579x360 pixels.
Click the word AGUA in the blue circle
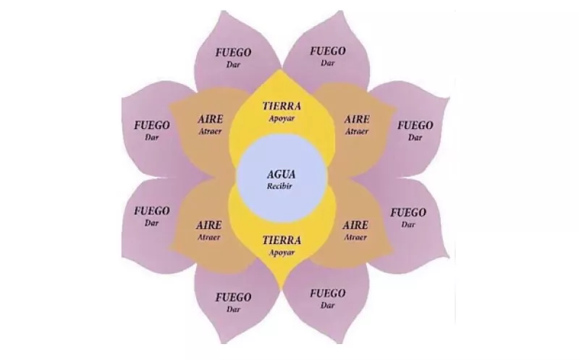pos(282,175)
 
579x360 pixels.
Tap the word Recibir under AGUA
pos(282,186)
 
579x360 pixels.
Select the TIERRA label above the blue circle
pos(281,106)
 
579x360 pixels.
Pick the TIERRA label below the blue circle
pos(281,240)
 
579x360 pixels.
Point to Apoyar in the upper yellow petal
pos(281,117)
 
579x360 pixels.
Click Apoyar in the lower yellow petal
pos(281,251)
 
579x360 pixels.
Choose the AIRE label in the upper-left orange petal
pos(209,120)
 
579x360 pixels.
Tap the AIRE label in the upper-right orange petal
pos(357,120)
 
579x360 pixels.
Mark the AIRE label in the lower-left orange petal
pos(209,225)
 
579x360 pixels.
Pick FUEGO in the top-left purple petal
pos(233,52)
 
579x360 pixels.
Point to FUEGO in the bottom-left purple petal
pos(233,297)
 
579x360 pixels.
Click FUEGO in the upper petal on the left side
pos(152,125)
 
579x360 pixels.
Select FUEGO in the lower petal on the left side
pos(152,211)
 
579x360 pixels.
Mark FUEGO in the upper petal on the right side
pos(415,125)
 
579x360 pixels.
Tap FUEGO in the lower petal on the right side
pos(409,212)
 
